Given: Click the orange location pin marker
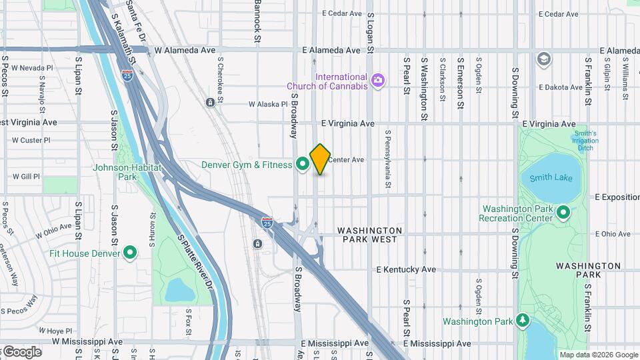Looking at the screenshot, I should pos(321,159).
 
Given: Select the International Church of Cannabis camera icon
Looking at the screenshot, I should pos(378,81).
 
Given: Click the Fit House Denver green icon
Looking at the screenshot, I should pos(130,253).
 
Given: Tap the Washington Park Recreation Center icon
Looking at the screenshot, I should pos(563,213).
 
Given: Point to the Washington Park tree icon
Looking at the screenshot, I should pos(523,321).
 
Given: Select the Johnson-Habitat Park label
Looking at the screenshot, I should pos(127,172).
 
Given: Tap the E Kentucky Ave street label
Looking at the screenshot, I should pos(406,269).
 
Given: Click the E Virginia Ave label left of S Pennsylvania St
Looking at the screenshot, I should pos(347,123).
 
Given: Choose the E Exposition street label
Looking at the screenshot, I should pos(616,197).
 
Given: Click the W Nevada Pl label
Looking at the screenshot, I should pos(31,68).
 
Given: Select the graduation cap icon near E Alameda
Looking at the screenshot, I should pos(543,59).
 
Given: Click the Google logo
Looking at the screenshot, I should pos(21,352).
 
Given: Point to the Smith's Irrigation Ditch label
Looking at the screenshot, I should pos(584,141).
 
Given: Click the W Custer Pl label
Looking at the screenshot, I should pos(31,140).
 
